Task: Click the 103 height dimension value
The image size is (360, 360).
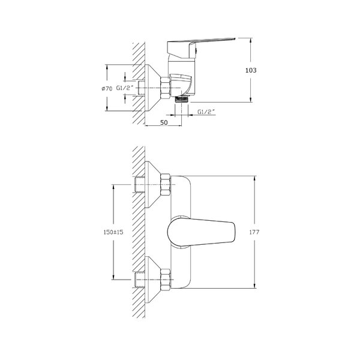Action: point(251,70)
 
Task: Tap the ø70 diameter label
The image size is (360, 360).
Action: point(107,88)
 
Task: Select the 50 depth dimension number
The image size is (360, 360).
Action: point(164,122)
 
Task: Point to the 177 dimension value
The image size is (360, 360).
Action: point(254,232)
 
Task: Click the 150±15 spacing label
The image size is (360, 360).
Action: point(113,232)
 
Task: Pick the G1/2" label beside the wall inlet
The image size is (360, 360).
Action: point(125,88)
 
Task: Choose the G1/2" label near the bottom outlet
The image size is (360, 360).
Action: point(206,112)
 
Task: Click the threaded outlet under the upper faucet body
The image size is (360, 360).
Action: point(181,99)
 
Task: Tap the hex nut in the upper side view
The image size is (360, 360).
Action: point(166,88)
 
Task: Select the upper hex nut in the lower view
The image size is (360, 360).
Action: point(166,185)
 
